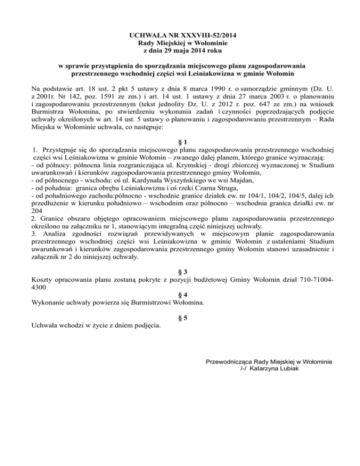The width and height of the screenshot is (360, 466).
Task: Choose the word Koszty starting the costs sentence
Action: click(41, 280)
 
